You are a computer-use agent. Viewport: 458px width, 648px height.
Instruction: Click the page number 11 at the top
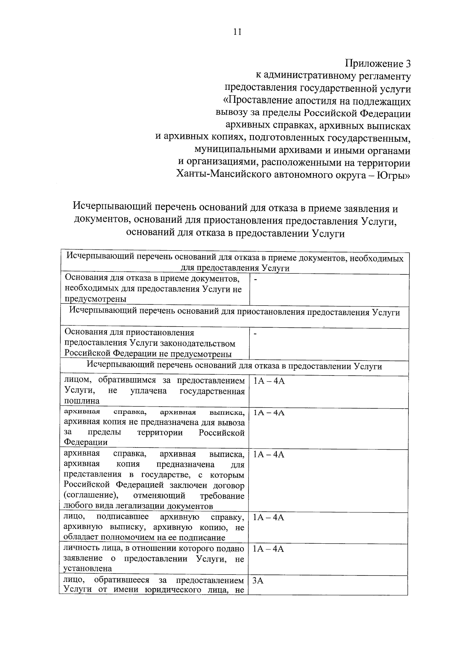237,32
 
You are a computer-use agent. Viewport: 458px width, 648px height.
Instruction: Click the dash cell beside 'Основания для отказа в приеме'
256,280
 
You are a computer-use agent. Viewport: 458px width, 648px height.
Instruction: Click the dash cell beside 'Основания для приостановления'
256,334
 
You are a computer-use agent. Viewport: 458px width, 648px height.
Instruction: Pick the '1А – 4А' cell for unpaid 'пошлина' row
269,381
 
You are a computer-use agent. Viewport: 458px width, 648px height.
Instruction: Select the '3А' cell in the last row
258,581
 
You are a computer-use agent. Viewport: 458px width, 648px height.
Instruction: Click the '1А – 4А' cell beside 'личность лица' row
269,549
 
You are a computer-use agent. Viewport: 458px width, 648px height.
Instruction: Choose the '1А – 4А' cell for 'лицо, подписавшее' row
269,518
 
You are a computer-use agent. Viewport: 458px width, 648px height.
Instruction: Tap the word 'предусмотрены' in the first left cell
95,299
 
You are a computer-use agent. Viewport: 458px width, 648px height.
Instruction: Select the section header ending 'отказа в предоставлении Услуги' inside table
234,366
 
